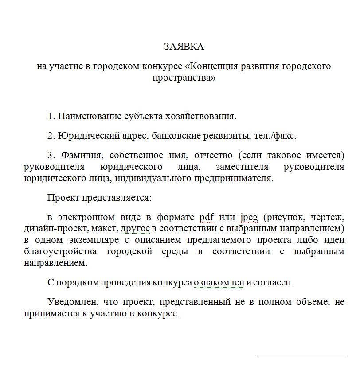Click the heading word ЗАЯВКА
(x=184, y=47)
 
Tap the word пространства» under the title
(x=184, y=78)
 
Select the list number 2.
(x=51, y=136)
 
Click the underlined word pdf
(x=207, y=217)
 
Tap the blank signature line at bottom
(x=301, y=356)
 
